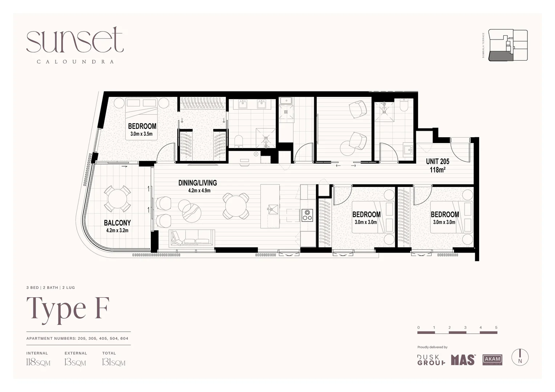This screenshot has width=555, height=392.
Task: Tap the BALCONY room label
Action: point(117,222)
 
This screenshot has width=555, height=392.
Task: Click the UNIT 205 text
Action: point(437,162)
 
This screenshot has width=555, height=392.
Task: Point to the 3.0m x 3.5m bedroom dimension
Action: point(141,134)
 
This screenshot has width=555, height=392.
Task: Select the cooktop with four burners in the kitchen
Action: point(307,215)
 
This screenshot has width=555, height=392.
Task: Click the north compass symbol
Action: point(520,357)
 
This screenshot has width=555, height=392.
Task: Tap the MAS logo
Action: point(463,360)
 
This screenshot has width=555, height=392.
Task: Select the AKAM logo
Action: point(492,360)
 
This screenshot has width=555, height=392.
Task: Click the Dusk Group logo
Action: point(431,360)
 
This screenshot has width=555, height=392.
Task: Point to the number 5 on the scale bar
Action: point(496,327)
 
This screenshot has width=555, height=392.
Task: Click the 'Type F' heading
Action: point(68,309)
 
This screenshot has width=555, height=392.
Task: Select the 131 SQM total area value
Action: point(113,362)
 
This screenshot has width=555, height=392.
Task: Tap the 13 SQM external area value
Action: point(75,362)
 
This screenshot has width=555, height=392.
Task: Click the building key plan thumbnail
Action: point(508,45)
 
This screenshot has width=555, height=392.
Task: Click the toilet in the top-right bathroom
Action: point(404,105)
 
